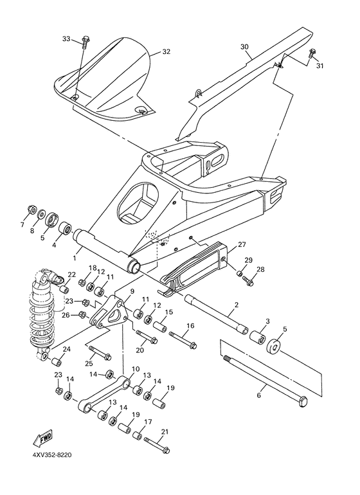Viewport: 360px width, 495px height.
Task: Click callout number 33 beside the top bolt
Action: click(66, 39)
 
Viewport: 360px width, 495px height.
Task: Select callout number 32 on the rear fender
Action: click(166, 51)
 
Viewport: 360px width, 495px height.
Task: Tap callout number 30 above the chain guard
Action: click(244, 47)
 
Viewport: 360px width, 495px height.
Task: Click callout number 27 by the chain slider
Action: click(242, 245)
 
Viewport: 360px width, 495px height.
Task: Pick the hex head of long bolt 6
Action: click(301, 401)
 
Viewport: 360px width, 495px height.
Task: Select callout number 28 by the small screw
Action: click(261, 269)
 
